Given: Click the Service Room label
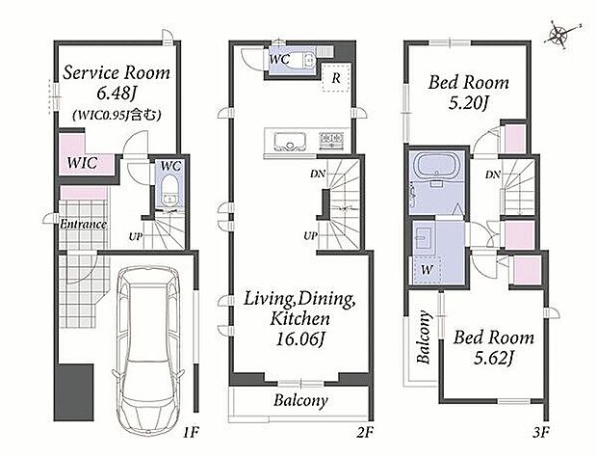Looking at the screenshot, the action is click(x=117, y=73).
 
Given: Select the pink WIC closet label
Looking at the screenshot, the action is click(x=82, y=163).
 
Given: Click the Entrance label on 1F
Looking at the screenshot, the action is click(x=83, y=224).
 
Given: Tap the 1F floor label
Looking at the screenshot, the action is click(x=191, y=433).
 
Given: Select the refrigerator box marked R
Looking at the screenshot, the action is click(x=336, y=78).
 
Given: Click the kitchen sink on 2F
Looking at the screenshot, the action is click(x=290, y=142).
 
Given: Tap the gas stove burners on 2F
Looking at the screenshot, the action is click(x=332, y=141).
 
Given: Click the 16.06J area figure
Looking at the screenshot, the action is click(x=301, y=339).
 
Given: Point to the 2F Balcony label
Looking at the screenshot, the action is click(x=300, y=400).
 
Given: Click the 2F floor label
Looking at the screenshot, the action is click(x=365, y=433).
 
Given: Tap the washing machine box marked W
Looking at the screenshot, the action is click(x=427, y=270).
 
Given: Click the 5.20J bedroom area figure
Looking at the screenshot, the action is click(x=468, y=103).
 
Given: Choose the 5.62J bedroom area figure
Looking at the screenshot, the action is click(x=494, y=358).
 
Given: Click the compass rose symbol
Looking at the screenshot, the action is click(x=560, y=35).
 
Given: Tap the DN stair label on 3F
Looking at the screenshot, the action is click(x=493, y=175).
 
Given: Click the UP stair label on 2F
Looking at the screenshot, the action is click(x=311, y=236).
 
